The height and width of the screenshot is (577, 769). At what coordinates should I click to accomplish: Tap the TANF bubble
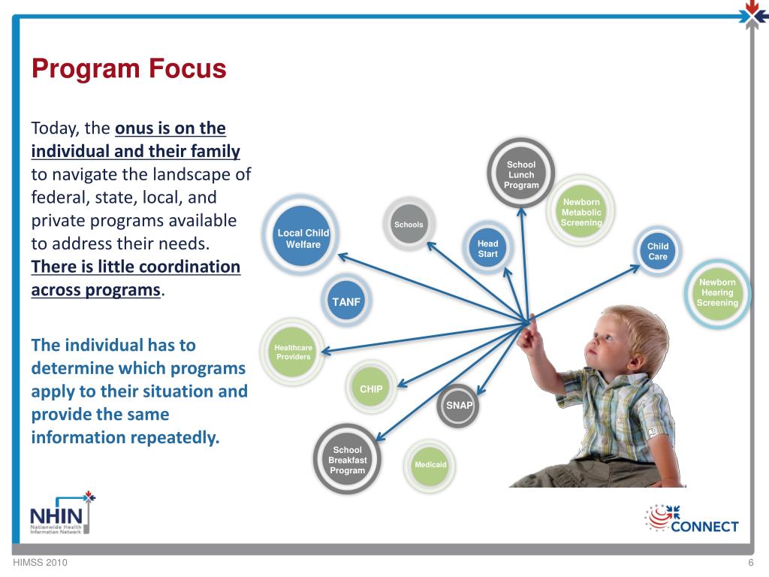(345, 301)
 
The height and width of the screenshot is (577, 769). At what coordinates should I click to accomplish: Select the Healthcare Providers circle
(293, 352)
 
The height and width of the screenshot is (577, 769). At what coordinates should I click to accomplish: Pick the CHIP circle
(371, 388)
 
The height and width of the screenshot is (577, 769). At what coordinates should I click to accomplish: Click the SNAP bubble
(458, 405)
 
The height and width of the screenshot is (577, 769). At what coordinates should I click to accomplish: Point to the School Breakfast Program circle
(347, 459)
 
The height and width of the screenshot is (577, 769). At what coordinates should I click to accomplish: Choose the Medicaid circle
(430, 464)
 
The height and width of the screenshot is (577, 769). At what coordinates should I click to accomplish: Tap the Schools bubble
(409, 224)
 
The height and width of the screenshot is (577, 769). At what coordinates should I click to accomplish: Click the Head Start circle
(487, 248)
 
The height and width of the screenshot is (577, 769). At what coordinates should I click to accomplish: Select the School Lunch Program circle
(521, 173)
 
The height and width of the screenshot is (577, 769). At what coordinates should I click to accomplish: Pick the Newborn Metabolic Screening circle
(581, 211)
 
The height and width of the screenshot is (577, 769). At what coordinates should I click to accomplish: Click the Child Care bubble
(657, 251)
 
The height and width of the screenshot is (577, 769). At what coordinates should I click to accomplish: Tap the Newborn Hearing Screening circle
(717, 292)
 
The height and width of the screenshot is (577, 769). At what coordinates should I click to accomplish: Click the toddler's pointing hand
(529, 336)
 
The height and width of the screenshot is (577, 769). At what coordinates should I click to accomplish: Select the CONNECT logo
(692, 518)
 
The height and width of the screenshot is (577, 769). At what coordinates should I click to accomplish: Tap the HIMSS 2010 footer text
(41, 562)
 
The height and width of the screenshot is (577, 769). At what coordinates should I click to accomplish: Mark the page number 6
(750, 562)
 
